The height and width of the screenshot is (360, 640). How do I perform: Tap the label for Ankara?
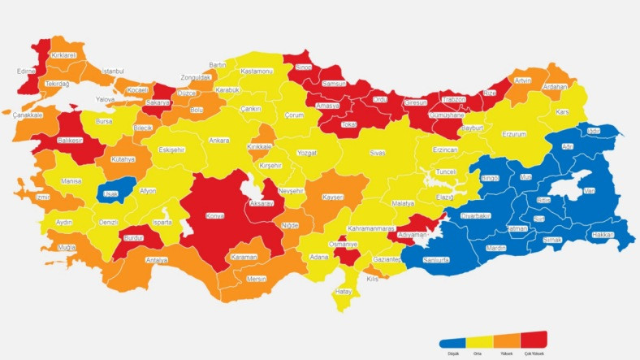pos(219,141)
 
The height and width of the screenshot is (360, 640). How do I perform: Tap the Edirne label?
pos(26,72)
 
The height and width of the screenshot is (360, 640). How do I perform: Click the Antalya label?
pos(157,260)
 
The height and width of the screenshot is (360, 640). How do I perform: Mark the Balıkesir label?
pos(69,140)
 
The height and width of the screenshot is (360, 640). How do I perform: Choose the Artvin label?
pos(522,80)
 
